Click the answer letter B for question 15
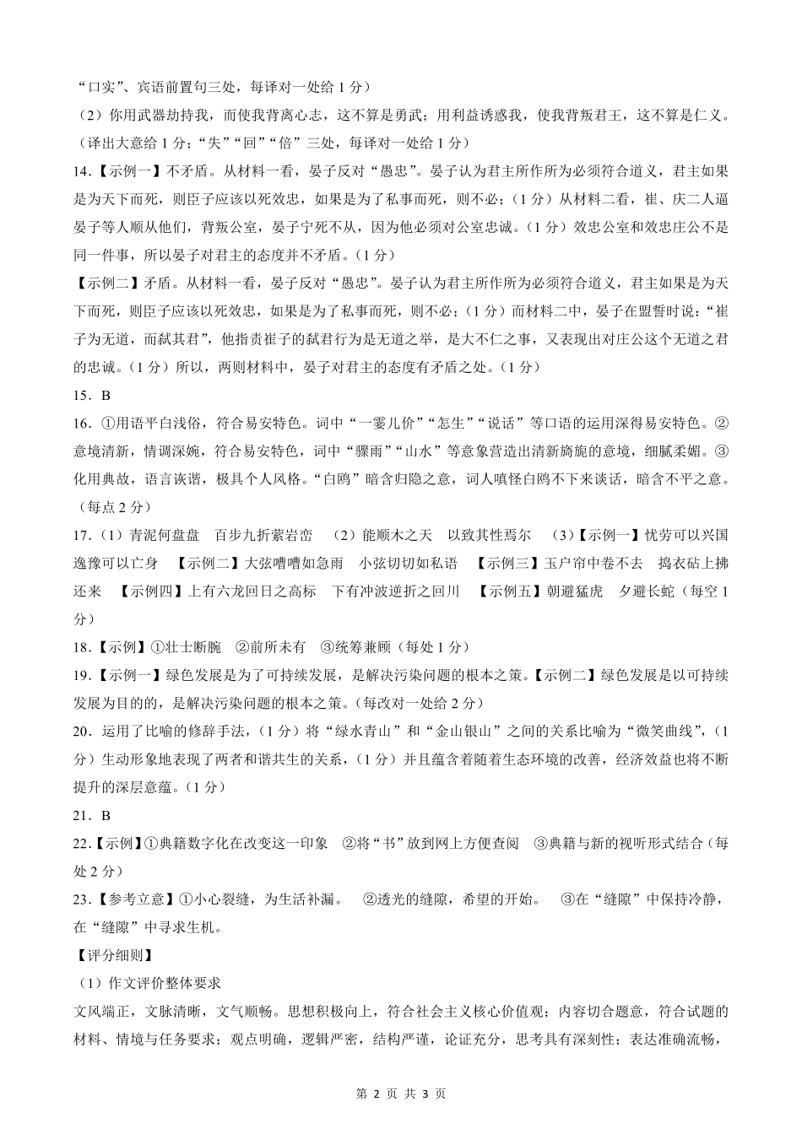(x=106, y=395)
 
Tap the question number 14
(x=81, y=170)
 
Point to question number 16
(x=81, y=423)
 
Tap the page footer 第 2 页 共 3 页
(x=401, y=1093)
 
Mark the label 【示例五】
(x=510, y=591)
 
